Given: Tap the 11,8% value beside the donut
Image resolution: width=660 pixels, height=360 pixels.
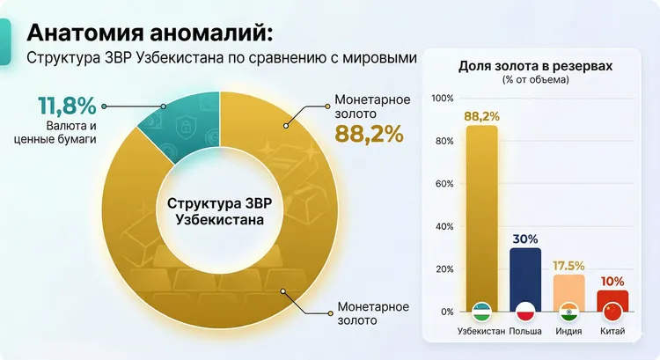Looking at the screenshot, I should pos(66,107).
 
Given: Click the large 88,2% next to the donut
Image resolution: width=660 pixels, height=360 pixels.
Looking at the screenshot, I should pos(369,134).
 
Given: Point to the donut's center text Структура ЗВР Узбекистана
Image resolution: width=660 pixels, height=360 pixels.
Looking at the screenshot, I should pos(219,211).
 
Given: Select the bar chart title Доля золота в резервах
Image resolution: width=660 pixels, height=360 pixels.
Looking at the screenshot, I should pos(535,66).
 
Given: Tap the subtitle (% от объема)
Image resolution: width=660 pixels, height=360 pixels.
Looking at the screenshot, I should pos(535,80).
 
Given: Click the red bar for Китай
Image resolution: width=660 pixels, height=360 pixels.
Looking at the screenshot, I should pos(612,297).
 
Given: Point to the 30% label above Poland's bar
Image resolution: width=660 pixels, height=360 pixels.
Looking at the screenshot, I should pos(525,239).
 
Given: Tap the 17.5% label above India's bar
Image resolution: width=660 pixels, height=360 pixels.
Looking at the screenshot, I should pos(569,265).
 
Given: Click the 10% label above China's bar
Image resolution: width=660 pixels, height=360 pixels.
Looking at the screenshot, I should pos(612,281).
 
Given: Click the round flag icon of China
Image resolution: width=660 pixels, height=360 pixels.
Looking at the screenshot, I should pos(612,312).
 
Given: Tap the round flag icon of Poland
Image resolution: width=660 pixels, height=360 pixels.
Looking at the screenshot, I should pos(525,312).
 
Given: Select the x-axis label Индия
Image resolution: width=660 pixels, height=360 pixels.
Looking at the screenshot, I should pos(569,332).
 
